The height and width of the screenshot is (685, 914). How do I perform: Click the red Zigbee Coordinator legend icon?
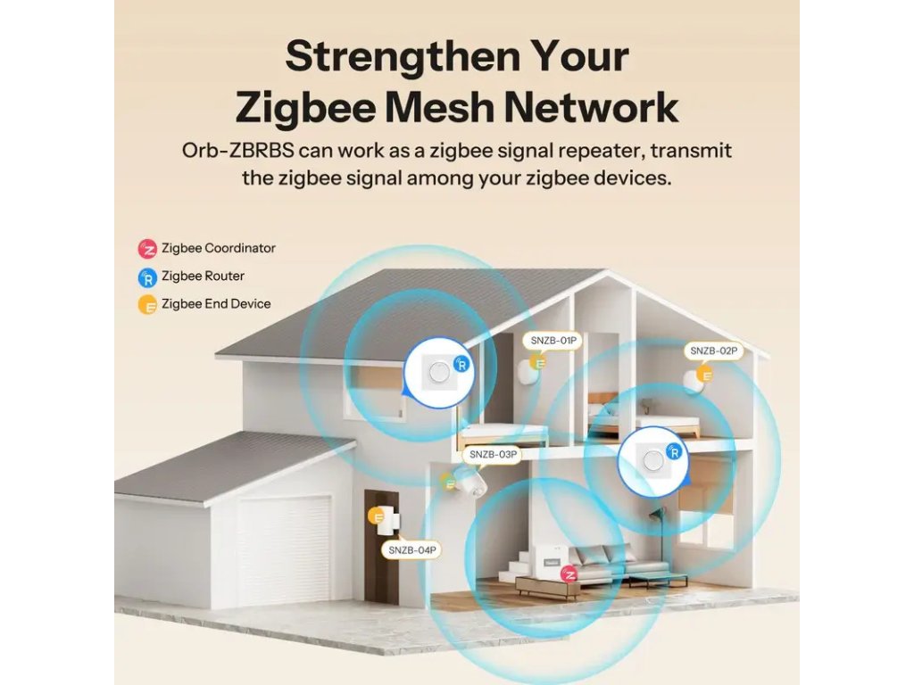pos(146,248)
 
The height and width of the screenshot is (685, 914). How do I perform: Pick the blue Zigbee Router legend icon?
pos(146,276)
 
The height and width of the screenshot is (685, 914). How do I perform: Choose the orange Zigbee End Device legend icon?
pos(146,304)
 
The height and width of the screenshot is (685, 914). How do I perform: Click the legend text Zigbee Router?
pos(203,276)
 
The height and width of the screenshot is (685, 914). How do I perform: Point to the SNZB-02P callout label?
pos(714,351)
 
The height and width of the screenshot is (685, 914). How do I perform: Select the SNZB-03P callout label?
pos(493,454)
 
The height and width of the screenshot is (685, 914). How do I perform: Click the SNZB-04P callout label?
pos(412,550)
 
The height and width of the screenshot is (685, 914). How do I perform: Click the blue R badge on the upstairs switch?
pos(461,364)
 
